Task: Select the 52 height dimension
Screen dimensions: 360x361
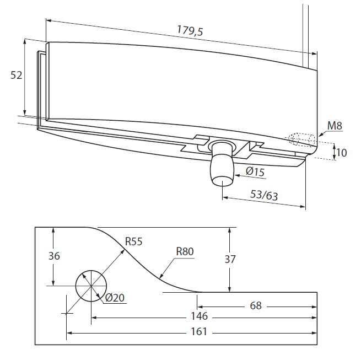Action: pyautogui.click(x=17, y=76)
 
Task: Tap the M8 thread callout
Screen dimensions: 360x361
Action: pyautogui.click(x=335, y=126)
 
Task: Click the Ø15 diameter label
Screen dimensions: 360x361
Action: pyautogui.click(x=255, y=173)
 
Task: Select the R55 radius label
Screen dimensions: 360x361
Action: pyautogui.click(x=134, y=241)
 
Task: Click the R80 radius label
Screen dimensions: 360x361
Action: pyautogui.click(x=185, y=252)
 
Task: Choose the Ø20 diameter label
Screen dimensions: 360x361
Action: pyautogui.click(x=115, y=298)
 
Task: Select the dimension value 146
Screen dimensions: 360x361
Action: pyautogui.click(x=199, y=317)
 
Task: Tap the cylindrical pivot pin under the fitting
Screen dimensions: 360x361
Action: pyautogui.click(x=222, y=165)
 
